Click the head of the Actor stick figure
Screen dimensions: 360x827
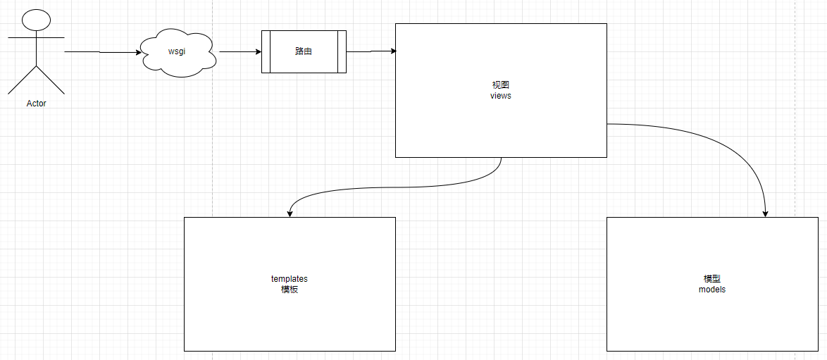click(36, 20)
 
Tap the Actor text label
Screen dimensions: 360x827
click(36, 104)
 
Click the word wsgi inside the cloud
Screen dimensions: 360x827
click(177, 51)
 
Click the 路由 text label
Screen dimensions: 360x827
click(304, 51)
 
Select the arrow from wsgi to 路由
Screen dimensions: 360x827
click(240, 51)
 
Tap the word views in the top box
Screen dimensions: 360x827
click(501, 96)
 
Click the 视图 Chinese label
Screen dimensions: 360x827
click(501, 85)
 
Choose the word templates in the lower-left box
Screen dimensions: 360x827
click(290, 278)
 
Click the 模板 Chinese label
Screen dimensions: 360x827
click(290, 289)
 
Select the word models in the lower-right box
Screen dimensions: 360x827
click(711, 289)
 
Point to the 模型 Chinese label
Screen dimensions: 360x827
click(711, 278)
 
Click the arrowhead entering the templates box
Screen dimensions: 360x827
click(290, 213)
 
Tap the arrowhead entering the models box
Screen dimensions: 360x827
click(766, 213)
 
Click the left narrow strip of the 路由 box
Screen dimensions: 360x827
click(266, 51)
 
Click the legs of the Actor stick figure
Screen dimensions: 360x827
click(36, 81)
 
